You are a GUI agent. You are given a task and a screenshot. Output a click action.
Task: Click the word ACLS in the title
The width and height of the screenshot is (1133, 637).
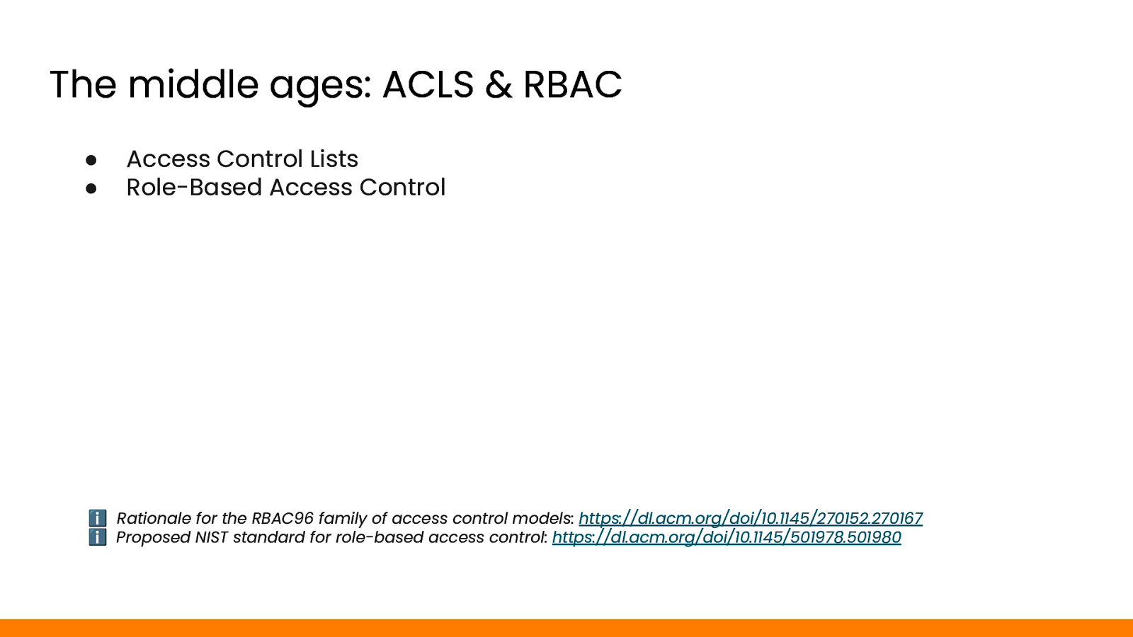428,84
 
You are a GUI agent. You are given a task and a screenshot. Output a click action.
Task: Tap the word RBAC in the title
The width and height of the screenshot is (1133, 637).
572,84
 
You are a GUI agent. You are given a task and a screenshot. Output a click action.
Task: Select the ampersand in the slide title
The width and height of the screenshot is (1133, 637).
499,84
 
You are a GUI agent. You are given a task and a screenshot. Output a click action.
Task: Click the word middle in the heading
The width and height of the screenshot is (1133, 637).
193,84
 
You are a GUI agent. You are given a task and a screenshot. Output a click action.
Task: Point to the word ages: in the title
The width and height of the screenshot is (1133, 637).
320,87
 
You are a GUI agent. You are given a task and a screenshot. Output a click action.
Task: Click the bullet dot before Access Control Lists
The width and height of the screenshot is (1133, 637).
91,160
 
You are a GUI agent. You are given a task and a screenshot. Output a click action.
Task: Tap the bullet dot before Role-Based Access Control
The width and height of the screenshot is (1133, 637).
91,188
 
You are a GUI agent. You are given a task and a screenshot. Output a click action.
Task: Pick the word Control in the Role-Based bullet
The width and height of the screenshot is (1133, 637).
402,187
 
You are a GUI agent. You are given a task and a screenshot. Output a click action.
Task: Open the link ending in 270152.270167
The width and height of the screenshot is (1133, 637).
751,518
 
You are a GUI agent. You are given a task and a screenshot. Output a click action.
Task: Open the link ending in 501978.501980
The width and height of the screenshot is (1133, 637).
727,537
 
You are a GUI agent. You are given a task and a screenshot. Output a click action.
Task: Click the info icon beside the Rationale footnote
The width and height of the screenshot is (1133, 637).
98,517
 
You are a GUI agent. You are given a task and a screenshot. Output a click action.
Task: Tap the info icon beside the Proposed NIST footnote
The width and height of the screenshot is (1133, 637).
98,537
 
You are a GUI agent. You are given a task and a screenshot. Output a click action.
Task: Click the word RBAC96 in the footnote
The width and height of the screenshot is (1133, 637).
283,518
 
